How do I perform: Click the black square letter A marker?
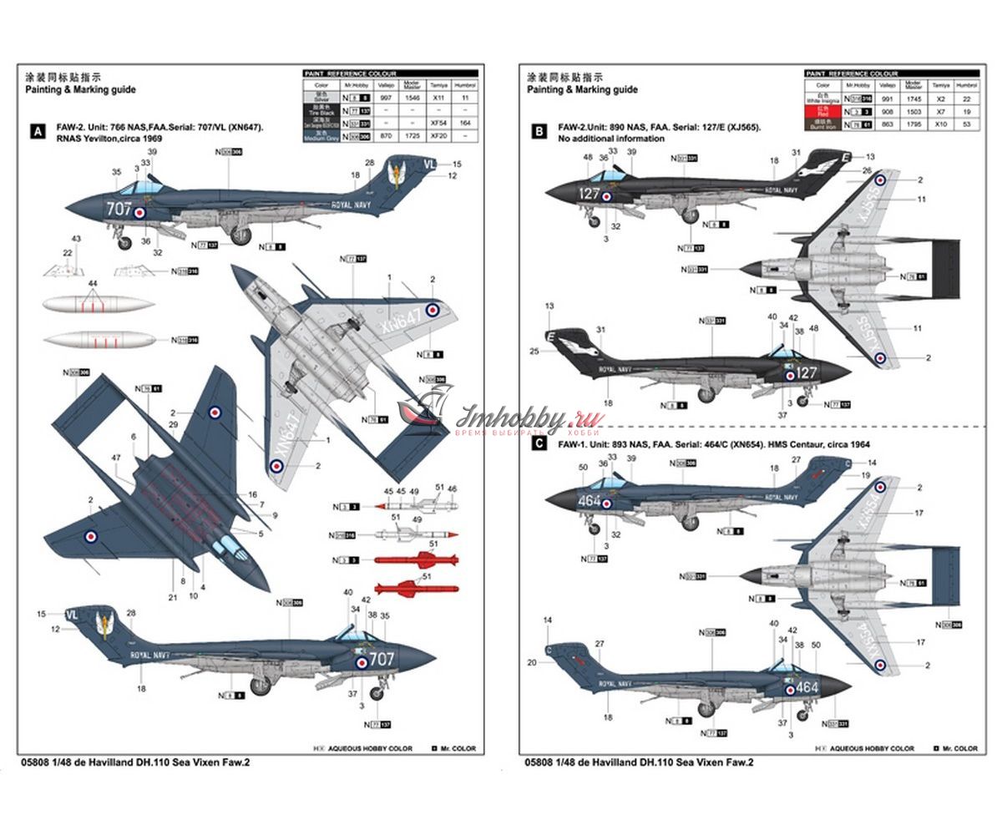click(x=36, y=131)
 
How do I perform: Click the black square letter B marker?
click(x=539, y=131)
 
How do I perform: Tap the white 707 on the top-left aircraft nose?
click(x=119, y=209)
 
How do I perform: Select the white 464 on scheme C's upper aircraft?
click(x=590, y=501)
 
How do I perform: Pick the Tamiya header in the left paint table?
click(x=438, y=85)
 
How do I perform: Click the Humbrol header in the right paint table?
click(x=966, y=85)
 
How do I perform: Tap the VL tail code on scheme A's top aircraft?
click(x=429, y=164)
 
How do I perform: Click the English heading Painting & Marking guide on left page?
click(x=80, y=89)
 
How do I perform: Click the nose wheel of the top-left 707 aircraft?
click(x=124, y=244)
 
